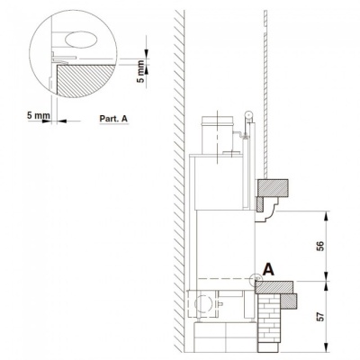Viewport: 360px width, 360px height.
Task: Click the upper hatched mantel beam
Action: (x=274, y=188)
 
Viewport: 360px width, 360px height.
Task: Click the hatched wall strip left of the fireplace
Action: (x=178, y=180)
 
